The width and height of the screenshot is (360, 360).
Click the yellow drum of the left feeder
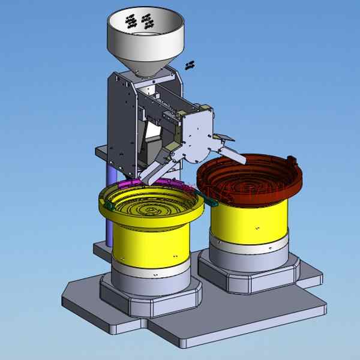pyautogui.click(x=150, y=246)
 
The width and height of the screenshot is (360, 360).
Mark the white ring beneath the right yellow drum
pyautogui.click(x=249, y=249)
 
